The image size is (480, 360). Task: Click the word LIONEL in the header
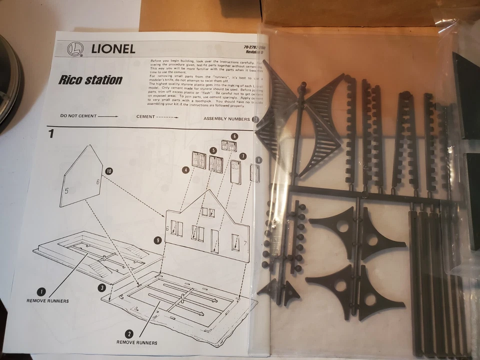pyautogui.click(x=113, y=49)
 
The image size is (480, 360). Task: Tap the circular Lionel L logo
pyautogui.click(x=74, y=48)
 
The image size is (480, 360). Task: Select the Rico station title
pyautogui.click(x=90, y=79)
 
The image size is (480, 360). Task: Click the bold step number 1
pyautogui.click(x=51, y=133)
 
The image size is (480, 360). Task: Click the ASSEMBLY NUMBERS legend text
pyautogui.click(x=226, y=119)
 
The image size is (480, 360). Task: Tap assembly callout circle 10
pyautogui.click(x=109, y=171)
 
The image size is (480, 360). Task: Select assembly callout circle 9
pyautogui.click(x=157, y=240)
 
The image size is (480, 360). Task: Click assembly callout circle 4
pyautogui.click(x=185, y=170)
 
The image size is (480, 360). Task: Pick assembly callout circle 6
pyautogui.click(x=234, y=136)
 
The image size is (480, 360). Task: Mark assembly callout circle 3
pyautogui.click(x=102, y=287)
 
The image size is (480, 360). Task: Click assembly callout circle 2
pyautogui.click(x=129, y=333)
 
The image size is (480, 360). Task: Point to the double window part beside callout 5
pyautogui.click(x=216, y=164)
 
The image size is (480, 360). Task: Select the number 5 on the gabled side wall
pyautogui.click(x=66, y=190)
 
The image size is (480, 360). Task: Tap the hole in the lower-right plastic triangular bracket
pyautogui.click(x=370, y=299)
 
